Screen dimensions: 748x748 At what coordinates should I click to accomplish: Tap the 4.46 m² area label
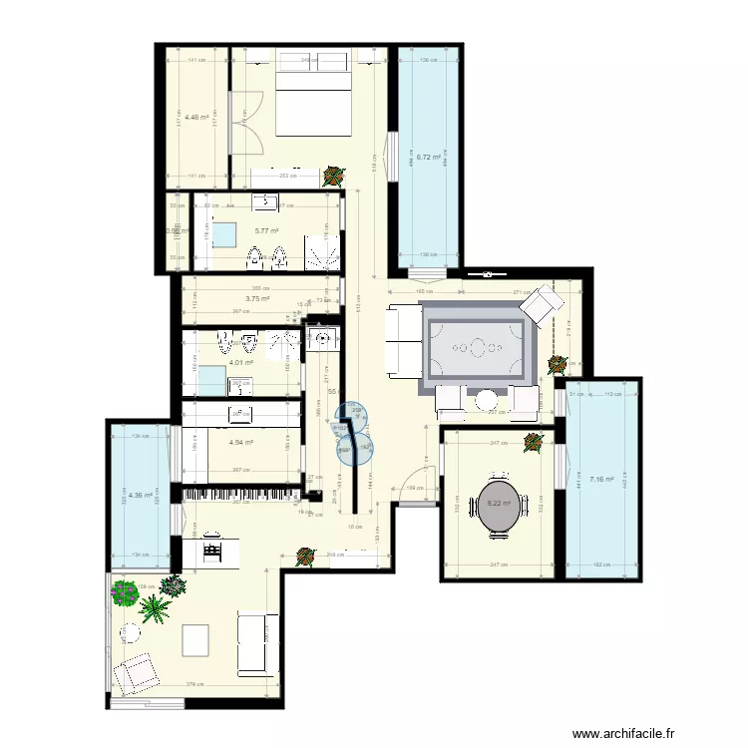[x=196, y=117]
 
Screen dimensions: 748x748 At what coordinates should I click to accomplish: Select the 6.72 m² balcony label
[x=429, y=157]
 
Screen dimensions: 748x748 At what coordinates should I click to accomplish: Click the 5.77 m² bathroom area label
[x=265, y=230]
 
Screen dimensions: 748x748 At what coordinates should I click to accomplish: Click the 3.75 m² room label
[x=257, y=297]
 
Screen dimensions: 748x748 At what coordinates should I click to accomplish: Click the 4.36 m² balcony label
[x=140, y=494]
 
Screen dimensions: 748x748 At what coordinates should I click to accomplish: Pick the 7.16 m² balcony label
[x=602, y=480]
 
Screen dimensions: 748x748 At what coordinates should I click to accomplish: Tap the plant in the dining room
[x=532, y=443]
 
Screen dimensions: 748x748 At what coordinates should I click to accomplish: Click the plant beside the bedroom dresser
[x=333, y=177]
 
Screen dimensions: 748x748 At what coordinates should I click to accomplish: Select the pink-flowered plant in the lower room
[x=124, y=593]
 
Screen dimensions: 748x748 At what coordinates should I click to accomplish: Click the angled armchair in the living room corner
[x=543, y=302]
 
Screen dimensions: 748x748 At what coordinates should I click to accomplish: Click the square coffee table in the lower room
[x=195, y=639]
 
